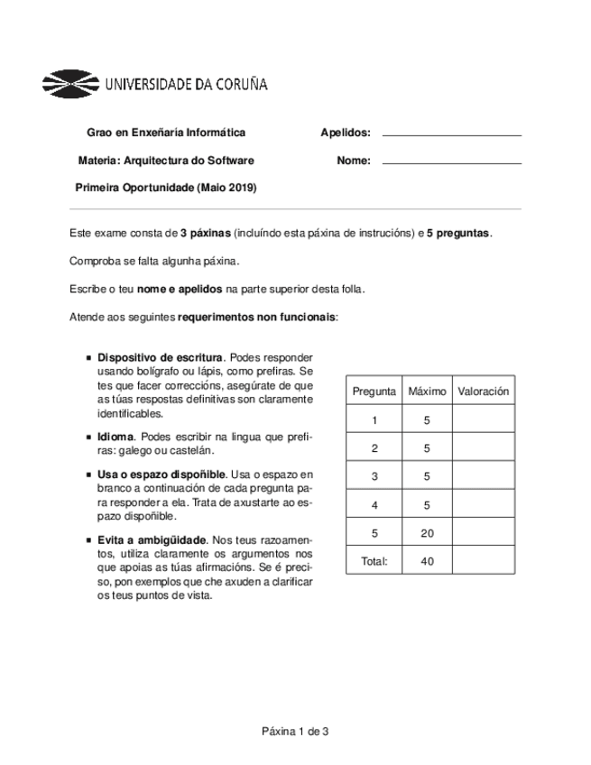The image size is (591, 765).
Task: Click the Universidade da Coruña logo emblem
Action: (x=71, y=85)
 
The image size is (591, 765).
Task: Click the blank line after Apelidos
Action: (x=452, y=134)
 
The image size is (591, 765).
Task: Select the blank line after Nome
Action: (x=452, y=162)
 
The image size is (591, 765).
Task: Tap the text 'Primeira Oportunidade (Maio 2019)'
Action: (x=166, y=188)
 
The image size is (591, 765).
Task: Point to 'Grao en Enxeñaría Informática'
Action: (x=166, y=133)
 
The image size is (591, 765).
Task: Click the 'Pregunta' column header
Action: (x=374, y=392)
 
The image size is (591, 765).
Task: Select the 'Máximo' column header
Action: (x=427, y=392)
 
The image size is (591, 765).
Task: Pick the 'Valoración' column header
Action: (x=484, y=392)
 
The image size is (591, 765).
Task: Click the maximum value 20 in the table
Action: (x=427, y=533)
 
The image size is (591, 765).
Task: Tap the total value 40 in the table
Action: (x=427, y=561)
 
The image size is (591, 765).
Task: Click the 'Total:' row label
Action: (x=374, y=561)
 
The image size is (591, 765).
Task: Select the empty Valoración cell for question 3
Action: (x=484, y=476)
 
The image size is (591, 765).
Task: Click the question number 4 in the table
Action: (x=374, y=505)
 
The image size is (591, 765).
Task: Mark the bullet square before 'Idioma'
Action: (x=88, y=437)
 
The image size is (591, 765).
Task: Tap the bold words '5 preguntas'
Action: (x=459, y=233)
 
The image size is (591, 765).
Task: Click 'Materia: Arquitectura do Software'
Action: (x=166, y=161)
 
